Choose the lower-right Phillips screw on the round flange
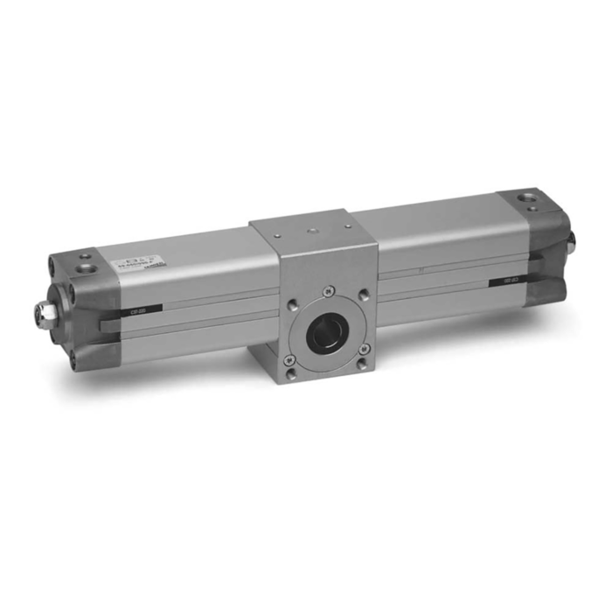tap(364, 349)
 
